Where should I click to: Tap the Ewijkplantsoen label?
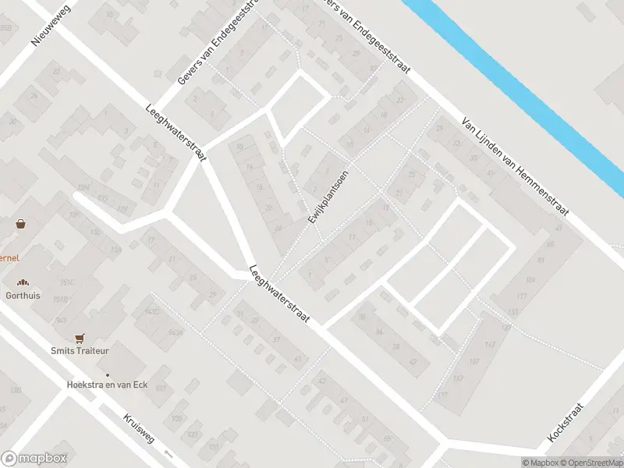coord(327,197)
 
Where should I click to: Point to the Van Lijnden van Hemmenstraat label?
coord(516,167)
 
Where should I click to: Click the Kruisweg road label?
coord(140,429)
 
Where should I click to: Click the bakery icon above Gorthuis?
coord(23,283)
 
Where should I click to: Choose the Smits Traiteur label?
coord(79,351)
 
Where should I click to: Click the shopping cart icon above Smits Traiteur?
coord(79,338)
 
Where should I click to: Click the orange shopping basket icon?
coord(21,224)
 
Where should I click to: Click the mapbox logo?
coord(34,459)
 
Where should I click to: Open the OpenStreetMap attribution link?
coord(590,463)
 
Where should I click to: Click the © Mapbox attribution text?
coord(540,463)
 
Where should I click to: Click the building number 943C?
coord(153,312)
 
